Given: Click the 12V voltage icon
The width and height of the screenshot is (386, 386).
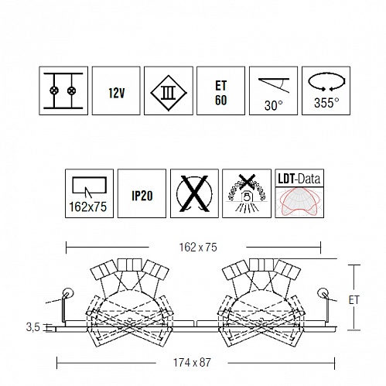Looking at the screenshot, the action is coord(116,91).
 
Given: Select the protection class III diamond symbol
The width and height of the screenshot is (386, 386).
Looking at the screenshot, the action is coord(169,93).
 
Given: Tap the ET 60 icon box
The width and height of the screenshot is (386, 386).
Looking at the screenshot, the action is coord(220,91).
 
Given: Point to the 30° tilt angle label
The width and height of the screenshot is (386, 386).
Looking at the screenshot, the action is coord(273,105).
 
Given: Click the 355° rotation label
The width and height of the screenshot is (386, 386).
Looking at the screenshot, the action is coord(326,103).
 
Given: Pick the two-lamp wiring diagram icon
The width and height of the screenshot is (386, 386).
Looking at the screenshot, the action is coord(63,91).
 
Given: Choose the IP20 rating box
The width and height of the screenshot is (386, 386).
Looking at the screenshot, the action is coord(142,193).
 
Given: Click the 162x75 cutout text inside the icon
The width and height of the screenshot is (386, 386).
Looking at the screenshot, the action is coord(88,207).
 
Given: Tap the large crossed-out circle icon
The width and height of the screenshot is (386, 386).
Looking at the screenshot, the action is coord(194,193).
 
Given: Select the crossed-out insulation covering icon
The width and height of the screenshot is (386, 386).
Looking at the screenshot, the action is coord(247,193).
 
